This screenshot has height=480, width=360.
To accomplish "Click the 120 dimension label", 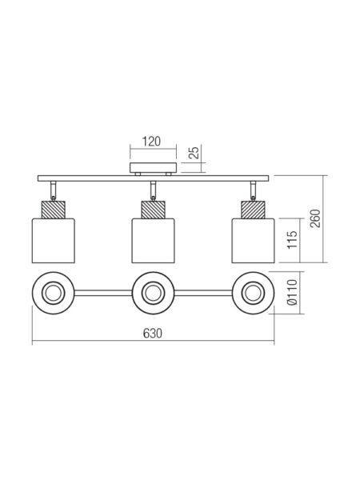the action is tap(151, 142).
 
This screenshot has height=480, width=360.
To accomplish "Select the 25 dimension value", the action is tap(194, 152).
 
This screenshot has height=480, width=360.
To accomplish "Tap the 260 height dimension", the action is tap(315, 218).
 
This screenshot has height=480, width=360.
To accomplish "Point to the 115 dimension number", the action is tap(292, 240).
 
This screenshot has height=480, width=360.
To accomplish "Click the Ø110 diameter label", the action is tap(292, 292).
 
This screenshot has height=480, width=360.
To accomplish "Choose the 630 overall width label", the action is tap(153, 334).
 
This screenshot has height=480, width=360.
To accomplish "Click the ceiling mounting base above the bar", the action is tap(154, 168).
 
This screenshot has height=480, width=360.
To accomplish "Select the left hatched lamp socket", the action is tap(54, 210).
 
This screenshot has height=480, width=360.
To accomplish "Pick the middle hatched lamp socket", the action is tap(153, 210).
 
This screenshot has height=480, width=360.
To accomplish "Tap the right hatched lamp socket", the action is tap(253, 210).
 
